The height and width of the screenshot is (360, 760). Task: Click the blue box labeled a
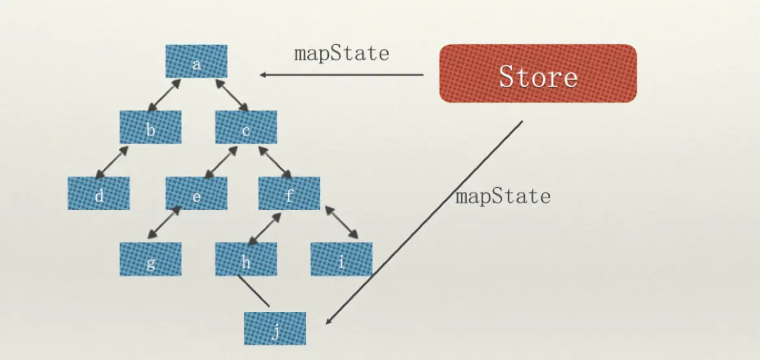click(196, 61)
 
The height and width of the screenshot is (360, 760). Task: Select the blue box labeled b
click(150, 127)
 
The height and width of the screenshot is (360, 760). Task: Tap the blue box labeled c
click(246, 127)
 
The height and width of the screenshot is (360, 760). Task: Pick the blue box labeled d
click(99, 193)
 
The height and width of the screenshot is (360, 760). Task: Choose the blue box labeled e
click(196, 193)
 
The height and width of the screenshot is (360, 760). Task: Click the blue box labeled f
click(289, 193)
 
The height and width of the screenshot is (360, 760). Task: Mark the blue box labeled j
click(275, 328)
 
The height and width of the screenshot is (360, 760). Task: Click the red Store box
click(538, 73)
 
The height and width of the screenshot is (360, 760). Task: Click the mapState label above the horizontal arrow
click(342, 53)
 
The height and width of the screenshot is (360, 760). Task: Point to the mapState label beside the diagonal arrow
click(503, 196)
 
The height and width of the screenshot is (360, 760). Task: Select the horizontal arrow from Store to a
click(342, 75)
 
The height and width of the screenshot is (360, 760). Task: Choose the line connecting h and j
click(253, 290)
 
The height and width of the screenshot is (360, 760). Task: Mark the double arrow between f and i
click(342, 223)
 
